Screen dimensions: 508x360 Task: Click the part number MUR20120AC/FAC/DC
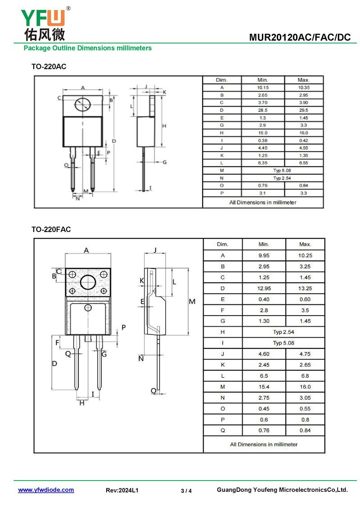[299, 38]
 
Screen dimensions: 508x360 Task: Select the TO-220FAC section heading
[51, 229]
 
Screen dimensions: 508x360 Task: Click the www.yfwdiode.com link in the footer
[46, 490]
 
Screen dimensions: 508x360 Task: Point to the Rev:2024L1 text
[122, 490]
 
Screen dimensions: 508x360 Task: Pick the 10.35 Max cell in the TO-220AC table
[304, 88]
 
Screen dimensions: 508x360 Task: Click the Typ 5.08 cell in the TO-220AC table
[282, 171]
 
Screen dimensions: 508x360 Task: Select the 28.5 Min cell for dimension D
[263, 110]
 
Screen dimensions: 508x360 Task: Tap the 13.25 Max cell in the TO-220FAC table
[305, 288]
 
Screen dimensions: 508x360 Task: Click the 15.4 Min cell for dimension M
[264, 387]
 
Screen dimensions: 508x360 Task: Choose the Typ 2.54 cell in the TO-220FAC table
[283, 332]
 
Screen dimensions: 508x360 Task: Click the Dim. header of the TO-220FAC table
[223, 244]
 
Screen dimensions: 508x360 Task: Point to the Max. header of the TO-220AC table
[304, 80]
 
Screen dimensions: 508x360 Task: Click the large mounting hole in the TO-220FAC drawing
[88, 282]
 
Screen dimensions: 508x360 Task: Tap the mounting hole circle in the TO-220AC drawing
[82, 104]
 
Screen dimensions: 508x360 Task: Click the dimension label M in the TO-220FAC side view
[192, 302]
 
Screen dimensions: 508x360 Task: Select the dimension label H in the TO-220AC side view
[164, 126]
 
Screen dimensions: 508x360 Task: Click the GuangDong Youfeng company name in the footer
[282, 490]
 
